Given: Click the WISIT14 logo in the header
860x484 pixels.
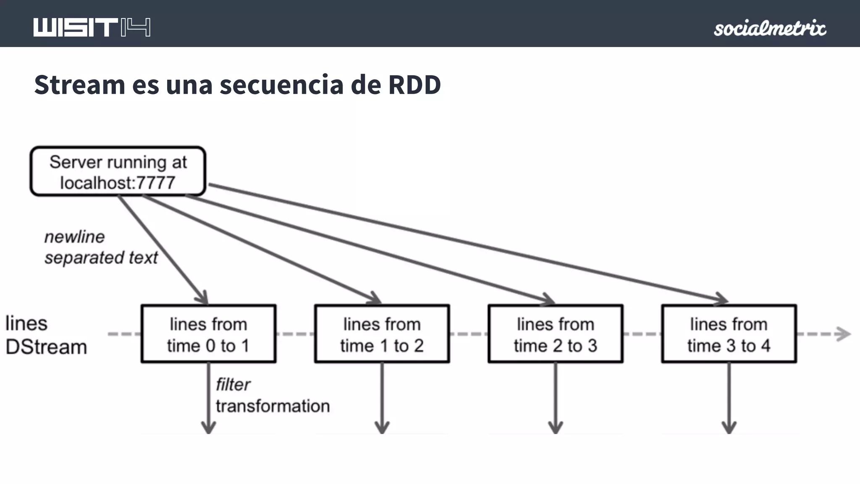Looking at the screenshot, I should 92,28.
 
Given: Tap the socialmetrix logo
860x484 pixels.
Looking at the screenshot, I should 770,28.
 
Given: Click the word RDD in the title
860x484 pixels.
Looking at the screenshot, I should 414,84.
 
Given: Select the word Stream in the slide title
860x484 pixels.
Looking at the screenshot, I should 80,84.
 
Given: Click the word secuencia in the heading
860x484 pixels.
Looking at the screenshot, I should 281,84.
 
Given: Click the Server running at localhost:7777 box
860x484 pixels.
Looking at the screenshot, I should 118,171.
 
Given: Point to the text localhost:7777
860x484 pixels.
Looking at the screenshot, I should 118,183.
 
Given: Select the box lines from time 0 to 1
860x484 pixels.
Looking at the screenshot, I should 208,334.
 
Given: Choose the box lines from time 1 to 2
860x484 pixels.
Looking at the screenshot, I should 382,334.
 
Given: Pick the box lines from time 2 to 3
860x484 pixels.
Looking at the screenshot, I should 555,334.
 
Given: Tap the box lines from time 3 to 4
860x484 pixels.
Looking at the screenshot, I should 729,334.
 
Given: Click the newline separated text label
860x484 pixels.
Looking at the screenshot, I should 101,247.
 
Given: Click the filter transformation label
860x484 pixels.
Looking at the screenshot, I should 272,395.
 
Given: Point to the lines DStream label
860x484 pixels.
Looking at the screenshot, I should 46,335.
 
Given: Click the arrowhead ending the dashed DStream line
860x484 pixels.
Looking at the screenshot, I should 843,334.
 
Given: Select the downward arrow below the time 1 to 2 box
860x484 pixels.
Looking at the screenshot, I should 382,399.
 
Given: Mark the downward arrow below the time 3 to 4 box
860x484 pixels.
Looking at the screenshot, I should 729,399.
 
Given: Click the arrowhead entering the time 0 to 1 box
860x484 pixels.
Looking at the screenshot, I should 202,297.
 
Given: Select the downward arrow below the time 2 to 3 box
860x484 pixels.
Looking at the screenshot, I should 555,399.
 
